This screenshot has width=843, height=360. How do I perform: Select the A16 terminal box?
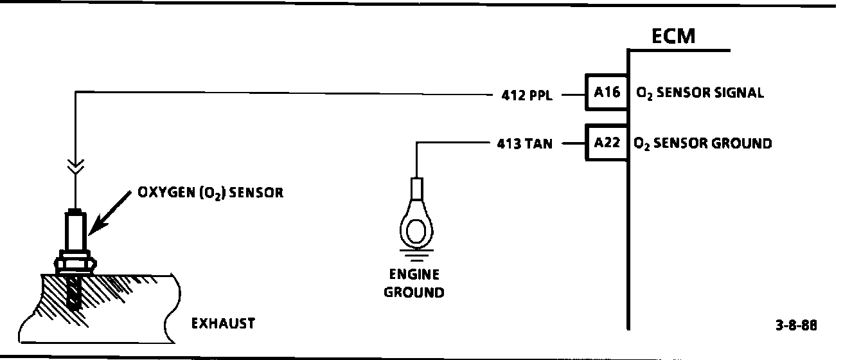607,93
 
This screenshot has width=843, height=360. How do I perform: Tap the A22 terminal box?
607,142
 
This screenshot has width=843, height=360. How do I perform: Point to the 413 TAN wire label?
524,144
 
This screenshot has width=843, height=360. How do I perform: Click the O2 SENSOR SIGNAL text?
699,93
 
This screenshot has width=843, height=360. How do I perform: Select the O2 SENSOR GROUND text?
703,143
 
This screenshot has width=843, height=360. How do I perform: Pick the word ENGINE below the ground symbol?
414,275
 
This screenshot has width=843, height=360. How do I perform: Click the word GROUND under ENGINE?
414,292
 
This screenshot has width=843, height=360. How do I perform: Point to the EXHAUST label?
223,323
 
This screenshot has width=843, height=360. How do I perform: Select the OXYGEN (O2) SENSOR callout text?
210,193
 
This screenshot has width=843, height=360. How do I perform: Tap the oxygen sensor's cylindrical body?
75,231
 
